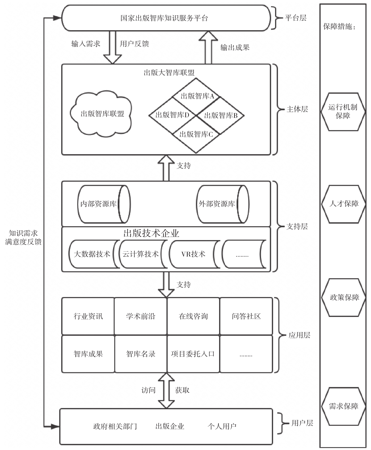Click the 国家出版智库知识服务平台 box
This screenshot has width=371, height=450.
(x=165, y=18)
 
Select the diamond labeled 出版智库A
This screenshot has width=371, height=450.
(x=197, y=96)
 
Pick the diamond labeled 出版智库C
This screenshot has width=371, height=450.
(x=196, y=134)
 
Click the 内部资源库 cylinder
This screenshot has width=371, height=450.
(x=103, y=204)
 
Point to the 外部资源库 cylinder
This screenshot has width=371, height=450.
(x=221, y=204)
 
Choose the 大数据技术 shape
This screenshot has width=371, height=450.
(x=92, y=254)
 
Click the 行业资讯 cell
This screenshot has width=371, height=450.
(x=88, y=316)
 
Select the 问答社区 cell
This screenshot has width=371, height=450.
(x=246, y=316)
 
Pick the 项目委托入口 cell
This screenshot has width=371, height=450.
(x=193, y=354)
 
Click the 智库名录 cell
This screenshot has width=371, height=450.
(x=141, y=354)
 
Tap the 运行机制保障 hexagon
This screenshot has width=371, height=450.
(x=343, y=112)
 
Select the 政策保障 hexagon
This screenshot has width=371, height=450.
(x=344, y=297)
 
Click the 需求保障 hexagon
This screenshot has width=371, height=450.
(x=344, y=406)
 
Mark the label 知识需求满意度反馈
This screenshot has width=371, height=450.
(x=23, y=237)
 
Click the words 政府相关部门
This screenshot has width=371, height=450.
(x=115, y=426)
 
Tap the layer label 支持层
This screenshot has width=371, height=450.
(x=297, y=226)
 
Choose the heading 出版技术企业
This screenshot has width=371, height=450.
(x=151, y=233)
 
